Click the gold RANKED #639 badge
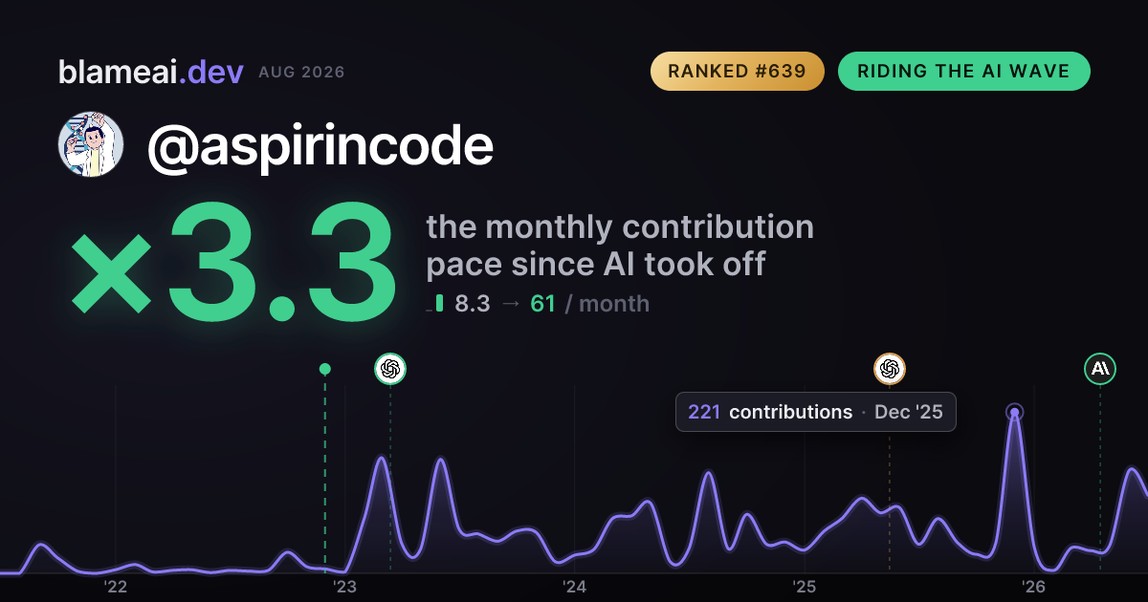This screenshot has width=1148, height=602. point(737,71)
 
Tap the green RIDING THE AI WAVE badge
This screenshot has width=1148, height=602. point(964,71)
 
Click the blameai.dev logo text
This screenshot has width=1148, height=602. point(151,72)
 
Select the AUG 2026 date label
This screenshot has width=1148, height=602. point(301,73)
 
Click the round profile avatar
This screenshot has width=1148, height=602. point(91,144)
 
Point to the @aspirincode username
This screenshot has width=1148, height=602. point(320,146)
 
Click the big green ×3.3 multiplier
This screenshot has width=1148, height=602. point(233,261)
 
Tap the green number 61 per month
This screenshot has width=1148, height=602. point(542,304)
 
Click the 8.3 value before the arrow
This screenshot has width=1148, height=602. point(473,304)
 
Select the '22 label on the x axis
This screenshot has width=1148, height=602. point(116,587)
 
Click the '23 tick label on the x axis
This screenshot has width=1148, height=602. point(345,587)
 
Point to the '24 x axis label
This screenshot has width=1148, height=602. point(575,587)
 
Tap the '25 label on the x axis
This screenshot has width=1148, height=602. point(805,587)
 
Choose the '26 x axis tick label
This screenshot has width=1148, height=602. point(1034,587)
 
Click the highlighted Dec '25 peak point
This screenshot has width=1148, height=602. point(1015,412)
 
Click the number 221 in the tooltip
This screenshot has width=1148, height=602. point(704,412)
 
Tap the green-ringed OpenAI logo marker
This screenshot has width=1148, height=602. point(390,369)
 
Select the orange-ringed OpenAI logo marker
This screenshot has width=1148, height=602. point(890,369)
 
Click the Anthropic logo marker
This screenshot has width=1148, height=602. point(1100,369)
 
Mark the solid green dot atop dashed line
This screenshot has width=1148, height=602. point(325,369)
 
